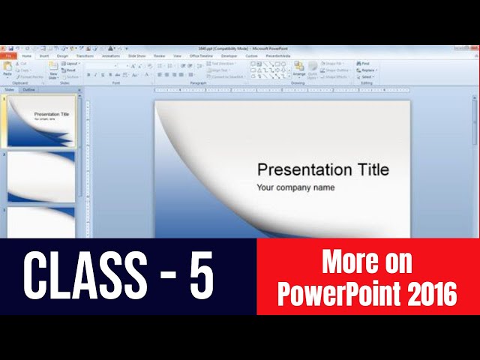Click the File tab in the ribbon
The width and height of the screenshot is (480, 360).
8,55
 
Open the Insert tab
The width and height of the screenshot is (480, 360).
44,55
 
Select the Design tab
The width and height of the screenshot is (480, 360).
63,55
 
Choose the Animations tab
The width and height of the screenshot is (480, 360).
110,55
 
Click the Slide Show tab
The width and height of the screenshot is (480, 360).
136,55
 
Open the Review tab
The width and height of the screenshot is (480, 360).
160,55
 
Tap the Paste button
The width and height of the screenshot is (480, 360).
7,70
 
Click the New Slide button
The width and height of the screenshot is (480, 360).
53,70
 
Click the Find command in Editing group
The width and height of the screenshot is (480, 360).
366,64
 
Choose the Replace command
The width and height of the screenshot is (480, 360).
368,70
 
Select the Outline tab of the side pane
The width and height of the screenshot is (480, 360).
29,89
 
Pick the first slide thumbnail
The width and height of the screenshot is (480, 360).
41,121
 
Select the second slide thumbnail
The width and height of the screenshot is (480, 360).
41,177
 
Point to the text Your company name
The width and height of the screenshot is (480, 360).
295,187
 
